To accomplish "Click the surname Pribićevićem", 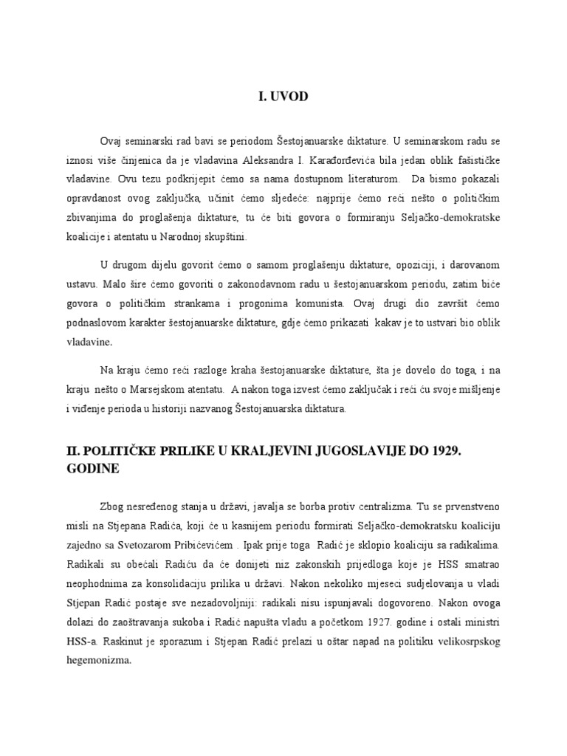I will click(x=205, y=547).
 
